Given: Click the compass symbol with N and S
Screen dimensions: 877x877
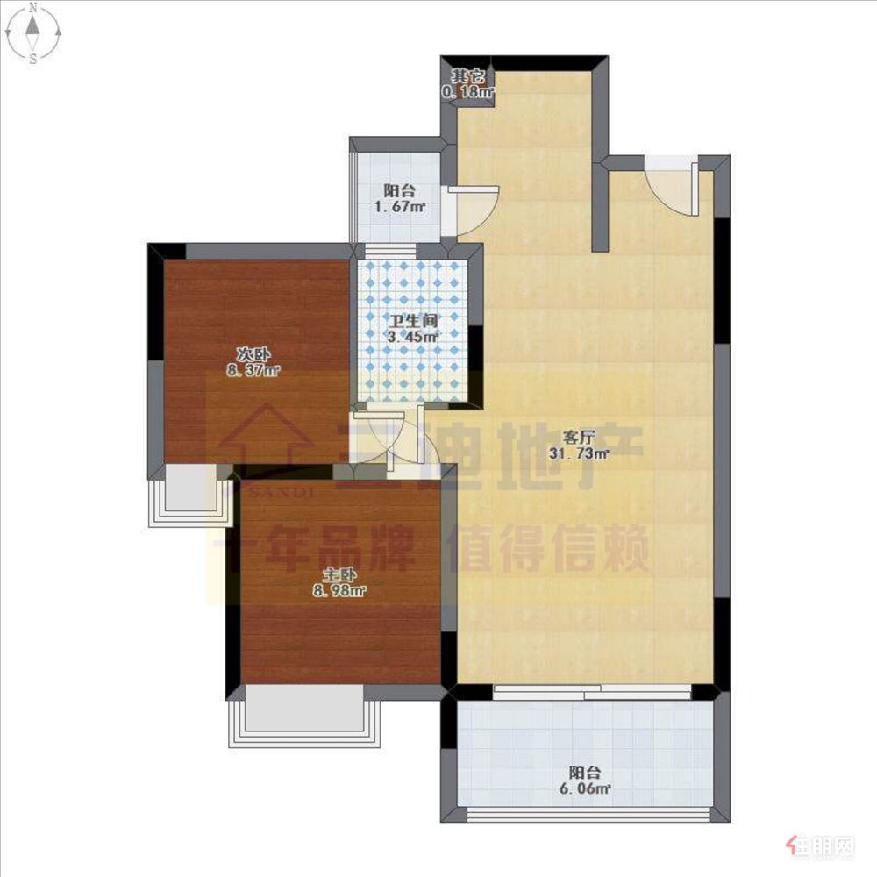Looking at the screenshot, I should coord(33,33).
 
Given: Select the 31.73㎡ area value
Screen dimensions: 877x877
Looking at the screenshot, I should coord(578,453).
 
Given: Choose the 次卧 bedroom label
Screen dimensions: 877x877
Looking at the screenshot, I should coord(253,355).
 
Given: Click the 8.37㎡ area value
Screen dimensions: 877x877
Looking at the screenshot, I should coord(253,370).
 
